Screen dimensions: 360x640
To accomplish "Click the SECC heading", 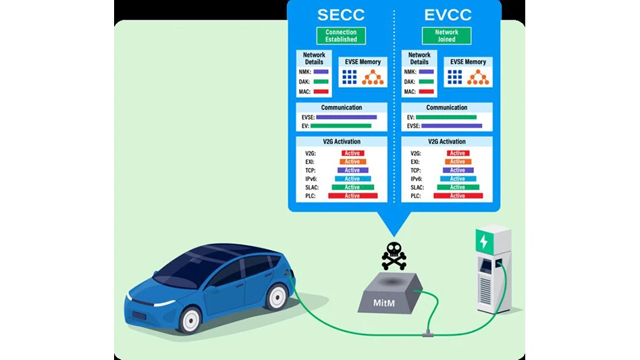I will [x=341, y=16].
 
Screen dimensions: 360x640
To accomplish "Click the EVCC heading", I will [x=446, y=16].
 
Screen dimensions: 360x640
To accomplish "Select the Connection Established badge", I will [x=341, y=36].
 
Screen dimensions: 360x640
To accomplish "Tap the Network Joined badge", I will [x=446, y=36].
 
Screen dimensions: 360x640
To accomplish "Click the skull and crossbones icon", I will [x=394, y=255].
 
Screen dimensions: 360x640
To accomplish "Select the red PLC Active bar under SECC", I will [x=352, y=196].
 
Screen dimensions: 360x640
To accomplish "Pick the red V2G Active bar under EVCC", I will [x=458, y=153].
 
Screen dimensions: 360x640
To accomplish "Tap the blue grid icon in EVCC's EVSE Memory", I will [x=455, y=78].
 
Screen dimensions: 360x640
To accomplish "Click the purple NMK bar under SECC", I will [x=321, y=72].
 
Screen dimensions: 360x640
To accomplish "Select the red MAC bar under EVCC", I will [x=426, y=91].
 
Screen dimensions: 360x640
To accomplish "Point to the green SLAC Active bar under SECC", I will [x=352, y=187].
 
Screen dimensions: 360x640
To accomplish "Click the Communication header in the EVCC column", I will [x=446, y=107].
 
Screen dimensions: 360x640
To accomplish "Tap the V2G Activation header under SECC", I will [x=342, y=142].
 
